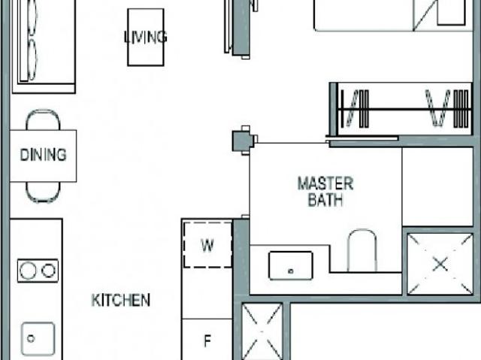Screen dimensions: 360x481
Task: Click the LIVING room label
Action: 145,37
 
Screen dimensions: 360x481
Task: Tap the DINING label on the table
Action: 43,156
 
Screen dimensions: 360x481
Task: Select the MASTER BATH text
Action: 325,192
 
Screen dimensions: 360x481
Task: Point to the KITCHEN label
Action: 120,301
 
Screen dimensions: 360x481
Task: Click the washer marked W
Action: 207,244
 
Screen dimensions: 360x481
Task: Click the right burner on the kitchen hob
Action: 50,269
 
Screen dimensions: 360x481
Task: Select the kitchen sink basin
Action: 35,337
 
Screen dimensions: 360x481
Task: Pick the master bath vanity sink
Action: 290,264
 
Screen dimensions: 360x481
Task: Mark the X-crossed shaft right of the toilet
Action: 440,263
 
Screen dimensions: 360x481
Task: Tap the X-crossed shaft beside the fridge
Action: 262,331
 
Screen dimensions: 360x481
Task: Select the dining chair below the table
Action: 43,192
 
